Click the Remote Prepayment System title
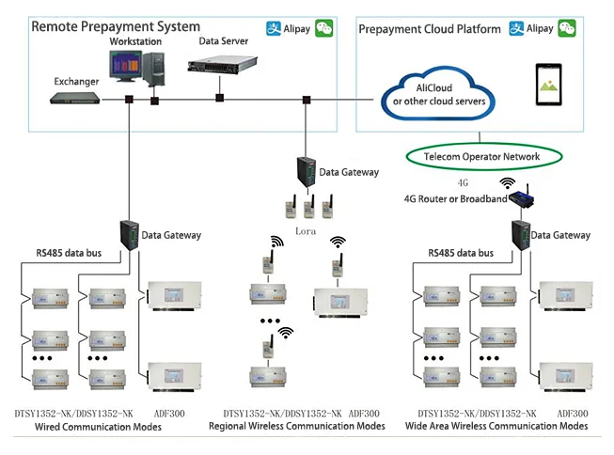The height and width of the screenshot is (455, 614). [x=116, y=26]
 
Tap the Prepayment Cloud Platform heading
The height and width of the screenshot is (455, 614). [x=430, y=29]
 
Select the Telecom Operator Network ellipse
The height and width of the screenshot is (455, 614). [x=482, y=156]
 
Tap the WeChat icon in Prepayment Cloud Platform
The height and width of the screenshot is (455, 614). [x=567, y=29]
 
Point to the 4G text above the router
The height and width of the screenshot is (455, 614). [x=463, y=183]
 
